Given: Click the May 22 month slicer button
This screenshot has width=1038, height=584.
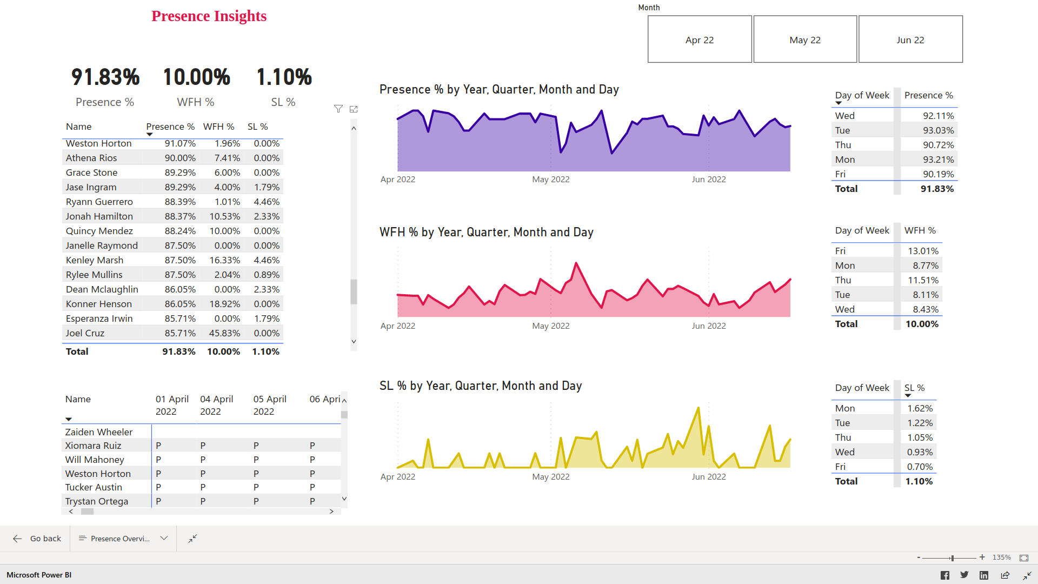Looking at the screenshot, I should click(x=804, y=39).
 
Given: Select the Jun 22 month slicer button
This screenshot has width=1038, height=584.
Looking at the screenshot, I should click(x=910, y=39).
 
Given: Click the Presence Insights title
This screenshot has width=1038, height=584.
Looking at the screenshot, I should click(x=209, y=16).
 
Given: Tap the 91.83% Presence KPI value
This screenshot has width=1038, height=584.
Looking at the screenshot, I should click(x=105, y=77).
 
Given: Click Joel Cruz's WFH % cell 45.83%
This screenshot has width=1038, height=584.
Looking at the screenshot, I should click(x=224, y=333).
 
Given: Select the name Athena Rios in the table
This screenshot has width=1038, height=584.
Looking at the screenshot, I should click(x=91, y=158).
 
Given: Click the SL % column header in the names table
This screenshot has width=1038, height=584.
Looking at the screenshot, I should click(x=257, y=127).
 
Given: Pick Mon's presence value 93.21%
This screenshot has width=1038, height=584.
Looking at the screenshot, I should click(x=938, y=160).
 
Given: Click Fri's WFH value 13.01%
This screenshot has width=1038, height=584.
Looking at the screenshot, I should click(x=923, y=251).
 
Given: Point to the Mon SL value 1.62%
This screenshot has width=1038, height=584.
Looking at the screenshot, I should click(x=920, y=408).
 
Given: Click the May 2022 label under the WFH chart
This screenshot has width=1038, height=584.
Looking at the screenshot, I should click(x=550, y=326).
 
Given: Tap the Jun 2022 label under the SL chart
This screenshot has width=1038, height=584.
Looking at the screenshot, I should click(x=708, y=476).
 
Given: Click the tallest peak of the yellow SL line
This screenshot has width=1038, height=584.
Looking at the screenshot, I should click(x=698, y=408).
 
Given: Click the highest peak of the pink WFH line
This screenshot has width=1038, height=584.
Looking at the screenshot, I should click(x=576, y=263).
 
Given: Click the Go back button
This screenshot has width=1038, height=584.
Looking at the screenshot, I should click(x=37, y=539).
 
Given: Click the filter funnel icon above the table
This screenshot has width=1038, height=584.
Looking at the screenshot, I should click(x=338, y=109).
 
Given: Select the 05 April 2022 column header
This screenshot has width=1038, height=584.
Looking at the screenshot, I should click(x=269, y=405).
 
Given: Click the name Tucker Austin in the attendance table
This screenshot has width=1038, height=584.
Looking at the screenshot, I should click(x=94, y=487).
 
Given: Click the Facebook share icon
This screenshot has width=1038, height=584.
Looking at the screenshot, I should click(x=944, y=575).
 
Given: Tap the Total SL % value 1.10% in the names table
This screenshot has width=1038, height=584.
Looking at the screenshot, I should click(x=265, y=351).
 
